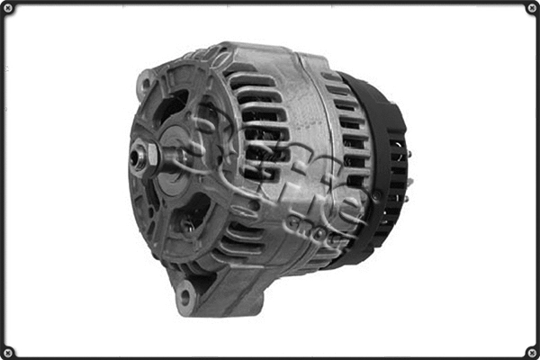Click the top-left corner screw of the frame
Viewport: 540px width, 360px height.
pos(8,8)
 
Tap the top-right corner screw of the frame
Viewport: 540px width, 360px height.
pos(531,8)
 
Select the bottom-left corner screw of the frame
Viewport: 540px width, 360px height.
pos(8,351)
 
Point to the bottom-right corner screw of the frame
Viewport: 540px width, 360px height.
pos(531,351)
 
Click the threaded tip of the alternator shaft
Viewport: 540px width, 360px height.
pos(136,157)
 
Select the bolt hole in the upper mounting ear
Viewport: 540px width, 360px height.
pos(144,85)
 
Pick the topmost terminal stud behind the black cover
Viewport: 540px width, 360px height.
pos(406,153)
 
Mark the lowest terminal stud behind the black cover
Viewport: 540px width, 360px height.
pos(406,197)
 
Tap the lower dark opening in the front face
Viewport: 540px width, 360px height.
pos(191,216)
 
